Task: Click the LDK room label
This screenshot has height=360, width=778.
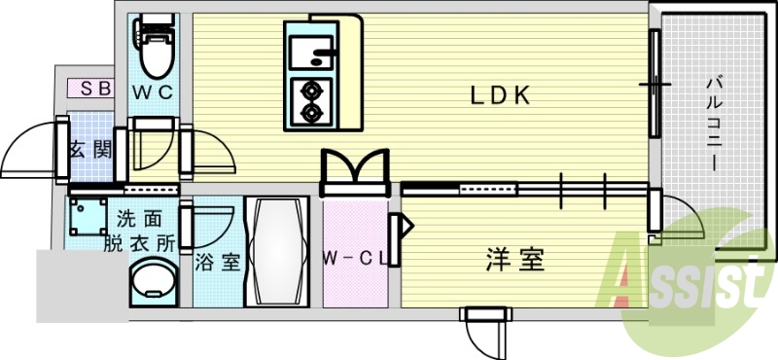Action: click(500, 95)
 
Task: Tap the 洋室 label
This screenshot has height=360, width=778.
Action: click(514, 260)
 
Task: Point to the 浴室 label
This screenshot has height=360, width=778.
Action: click(216, 262)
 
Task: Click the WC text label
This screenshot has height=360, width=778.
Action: click(153, 93)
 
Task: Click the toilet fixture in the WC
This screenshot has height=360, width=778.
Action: click(154, 49)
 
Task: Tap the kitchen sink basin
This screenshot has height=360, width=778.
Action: click(308, 49)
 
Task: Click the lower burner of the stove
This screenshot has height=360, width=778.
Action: click(312, 113)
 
